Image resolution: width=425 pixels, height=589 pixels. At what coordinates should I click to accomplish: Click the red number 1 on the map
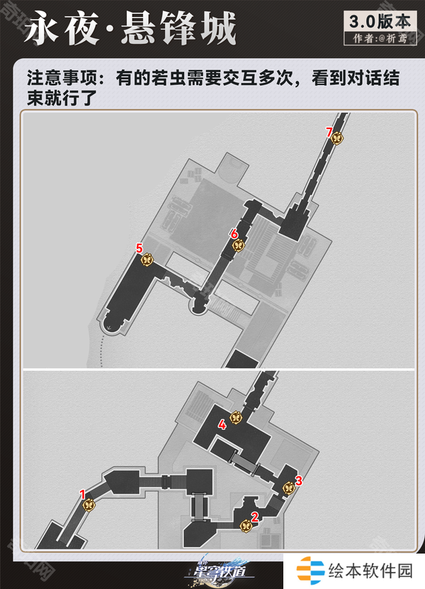click(83, 494)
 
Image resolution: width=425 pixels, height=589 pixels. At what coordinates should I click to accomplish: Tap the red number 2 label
click(255, 517)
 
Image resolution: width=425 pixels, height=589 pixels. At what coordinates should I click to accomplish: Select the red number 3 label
click(299, 481)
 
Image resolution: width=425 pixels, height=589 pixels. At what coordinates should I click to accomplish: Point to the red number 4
click(222, 425)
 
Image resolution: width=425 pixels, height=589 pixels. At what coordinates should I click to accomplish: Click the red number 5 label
click(140, 248)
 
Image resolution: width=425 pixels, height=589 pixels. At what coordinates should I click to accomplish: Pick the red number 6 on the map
click(234, 235)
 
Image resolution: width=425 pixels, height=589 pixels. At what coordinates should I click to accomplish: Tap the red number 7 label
click(329, 133)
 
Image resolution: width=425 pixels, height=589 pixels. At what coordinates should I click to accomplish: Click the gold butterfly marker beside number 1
click(89, 505)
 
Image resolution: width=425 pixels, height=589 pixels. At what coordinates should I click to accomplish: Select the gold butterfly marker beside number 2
click(246, 525)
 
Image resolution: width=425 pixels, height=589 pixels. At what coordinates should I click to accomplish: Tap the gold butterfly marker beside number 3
click(289, 488)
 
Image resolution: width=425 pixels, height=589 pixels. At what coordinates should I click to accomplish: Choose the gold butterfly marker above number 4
click(235, 417)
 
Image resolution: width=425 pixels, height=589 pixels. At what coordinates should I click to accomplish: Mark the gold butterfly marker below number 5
click(147, 259)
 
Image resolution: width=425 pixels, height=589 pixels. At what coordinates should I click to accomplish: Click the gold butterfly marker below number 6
click(239, 246)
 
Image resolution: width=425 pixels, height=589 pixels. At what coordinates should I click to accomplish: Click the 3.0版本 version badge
click(380, 22)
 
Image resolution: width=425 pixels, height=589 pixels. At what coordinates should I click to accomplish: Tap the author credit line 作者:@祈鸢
click(380, 39)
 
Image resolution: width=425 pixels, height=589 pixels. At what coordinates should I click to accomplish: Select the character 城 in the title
click(217, 28)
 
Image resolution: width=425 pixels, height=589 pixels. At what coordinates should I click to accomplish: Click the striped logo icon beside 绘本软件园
click(310, 571)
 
